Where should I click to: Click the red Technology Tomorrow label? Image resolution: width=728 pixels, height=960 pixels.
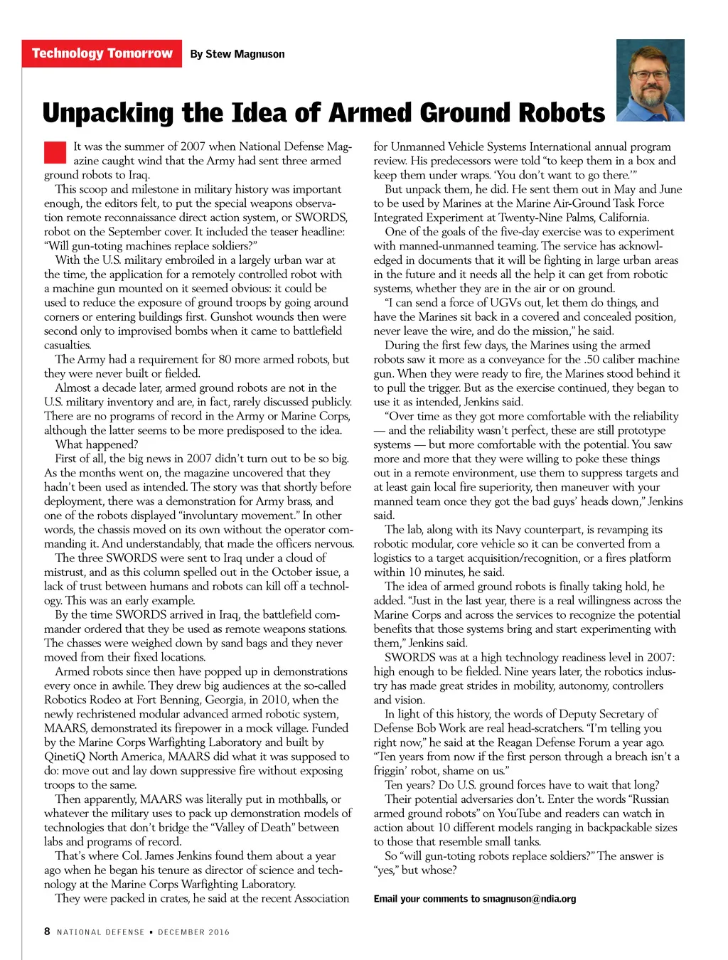(x=102, y=53)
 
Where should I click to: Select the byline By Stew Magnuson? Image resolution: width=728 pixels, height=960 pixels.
(x=237, y=54)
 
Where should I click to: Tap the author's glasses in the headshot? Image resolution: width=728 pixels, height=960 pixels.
(x=651, y=75)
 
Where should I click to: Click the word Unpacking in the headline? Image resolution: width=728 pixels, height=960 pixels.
(x=108, y=114)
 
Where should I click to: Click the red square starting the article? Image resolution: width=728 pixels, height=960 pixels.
(x=55, y=153)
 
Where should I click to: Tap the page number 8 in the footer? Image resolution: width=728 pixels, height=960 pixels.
(x=47, y=932)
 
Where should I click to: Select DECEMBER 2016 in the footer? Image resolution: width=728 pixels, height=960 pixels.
(x=194, y=932)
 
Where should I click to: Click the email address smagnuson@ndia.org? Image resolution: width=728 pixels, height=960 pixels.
(x=529, y=899)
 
